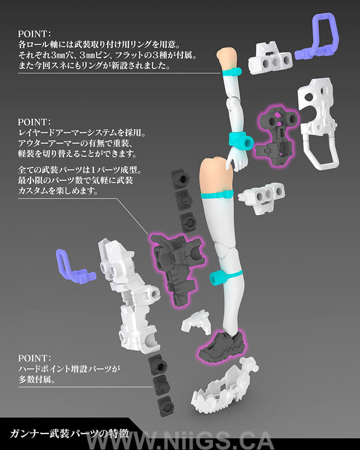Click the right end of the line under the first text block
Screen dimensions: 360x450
point(220,73)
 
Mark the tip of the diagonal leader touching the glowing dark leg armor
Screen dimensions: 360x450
point(149,234)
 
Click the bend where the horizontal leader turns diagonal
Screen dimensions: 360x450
point(117,198)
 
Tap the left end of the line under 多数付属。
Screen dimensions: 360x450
point(18,387)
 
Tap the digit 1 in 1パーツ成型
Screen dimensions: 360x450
point(93,170)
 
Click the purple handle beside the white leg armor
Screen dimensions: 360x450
point(75,266)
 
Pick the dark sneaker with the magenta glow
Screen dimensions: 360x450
point(222,346)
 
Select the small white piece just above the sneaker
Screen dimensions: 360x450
point(197,321)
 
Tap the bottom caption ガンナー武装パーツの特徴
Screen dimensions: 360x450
point(69,433)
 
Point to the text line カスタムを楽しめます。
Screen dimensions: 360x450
point(58,191)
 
